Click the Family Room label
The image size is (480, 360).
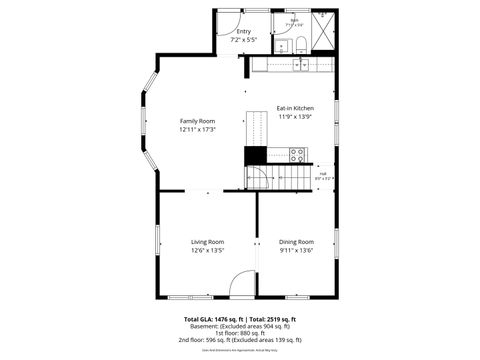pos(197,121)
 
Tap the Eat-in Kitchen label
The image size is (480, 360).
pos(295,108)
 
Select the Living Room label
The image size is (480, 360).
pos(208,242)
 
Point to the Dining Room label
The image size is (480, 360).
pos(296,242)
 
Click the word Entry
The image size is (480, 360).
pos(243,31)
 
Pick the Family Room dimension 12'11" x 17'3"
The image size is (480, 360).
pos(197,129)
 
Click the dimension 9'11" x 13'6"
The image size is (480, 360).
pos(296,250)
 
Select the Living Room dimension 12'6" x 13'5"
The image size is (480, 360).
pos(208,250)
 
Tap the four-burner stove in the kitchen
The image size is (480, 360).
pos(297,155)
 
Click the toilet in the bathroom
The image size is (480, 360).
pos(300,43)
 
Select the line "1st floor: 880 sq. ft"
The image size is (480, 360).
pos(240,333)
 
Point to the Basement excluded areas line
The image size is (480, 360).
pos(240,326)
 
